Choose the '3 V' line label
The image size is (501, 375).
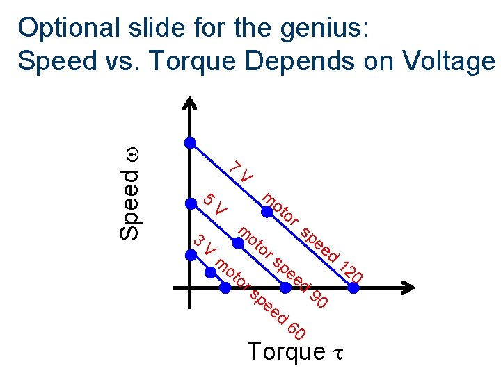point(205,245)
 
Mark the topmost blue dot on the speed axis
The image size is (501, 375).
point(189,142)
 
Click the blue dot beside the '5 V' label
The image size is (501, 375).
point(189,203)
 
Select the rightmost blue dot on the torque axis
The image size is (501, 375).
point(353,287)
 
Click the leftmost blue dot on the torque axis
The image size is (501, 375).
point(225,287)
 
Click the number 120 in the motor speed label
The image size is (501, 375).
point(351,271)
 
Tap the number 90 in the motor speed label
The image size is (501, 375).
point(318,299)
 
